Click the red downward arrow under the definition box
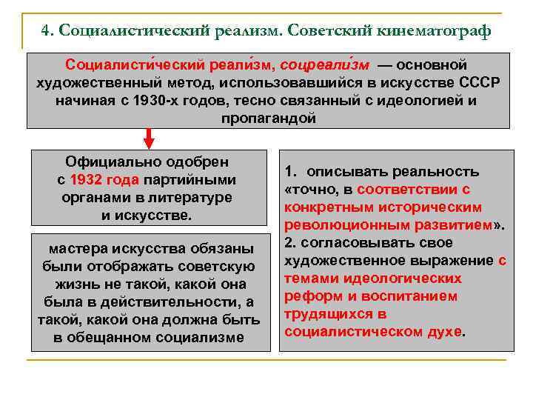149,139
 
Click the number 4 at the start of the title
47,31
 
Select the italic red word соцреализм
324,65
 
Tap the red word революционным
332,225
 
